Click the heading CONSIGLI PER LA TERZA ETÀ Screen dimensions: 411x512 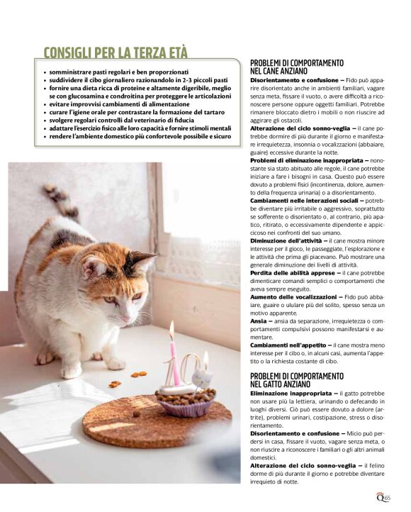click(116, 52)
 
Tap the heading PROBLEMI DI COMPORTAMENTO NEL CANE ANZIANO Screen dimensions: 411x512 click(297, 67)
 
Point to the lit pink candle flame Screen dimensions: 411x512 click(171, 328)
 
